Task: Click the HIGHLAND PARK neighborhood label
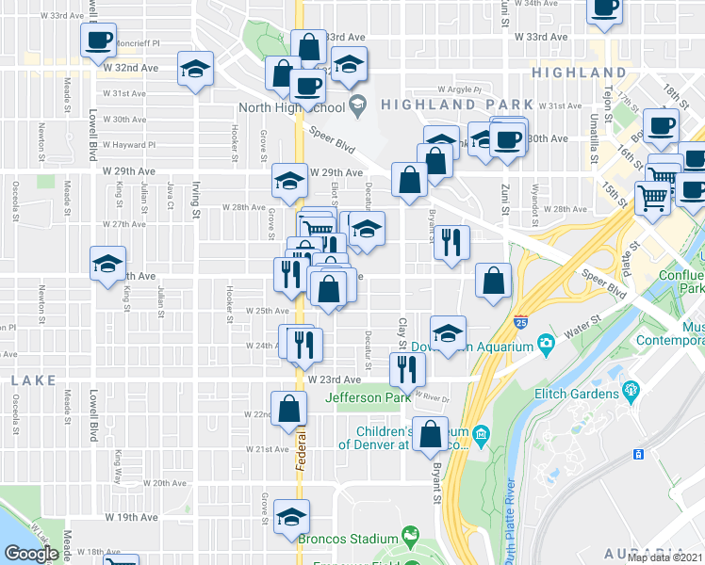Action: [x=444, y=105]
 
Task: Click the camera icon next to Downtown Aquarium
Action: [x=545, y=346]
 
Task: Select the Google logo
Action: [x=31, y=553]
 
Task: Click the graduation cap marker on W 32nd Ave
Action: [x=196, y=69]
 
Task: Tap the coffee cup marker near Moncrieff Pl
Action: [x=98, y=40]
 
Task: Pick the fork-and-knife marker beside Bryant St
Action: [x=452, y=242]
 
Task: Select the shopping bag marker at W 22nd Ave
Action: [x=288, y=408]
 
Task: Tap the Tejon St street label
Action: [x=609, y=97]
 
